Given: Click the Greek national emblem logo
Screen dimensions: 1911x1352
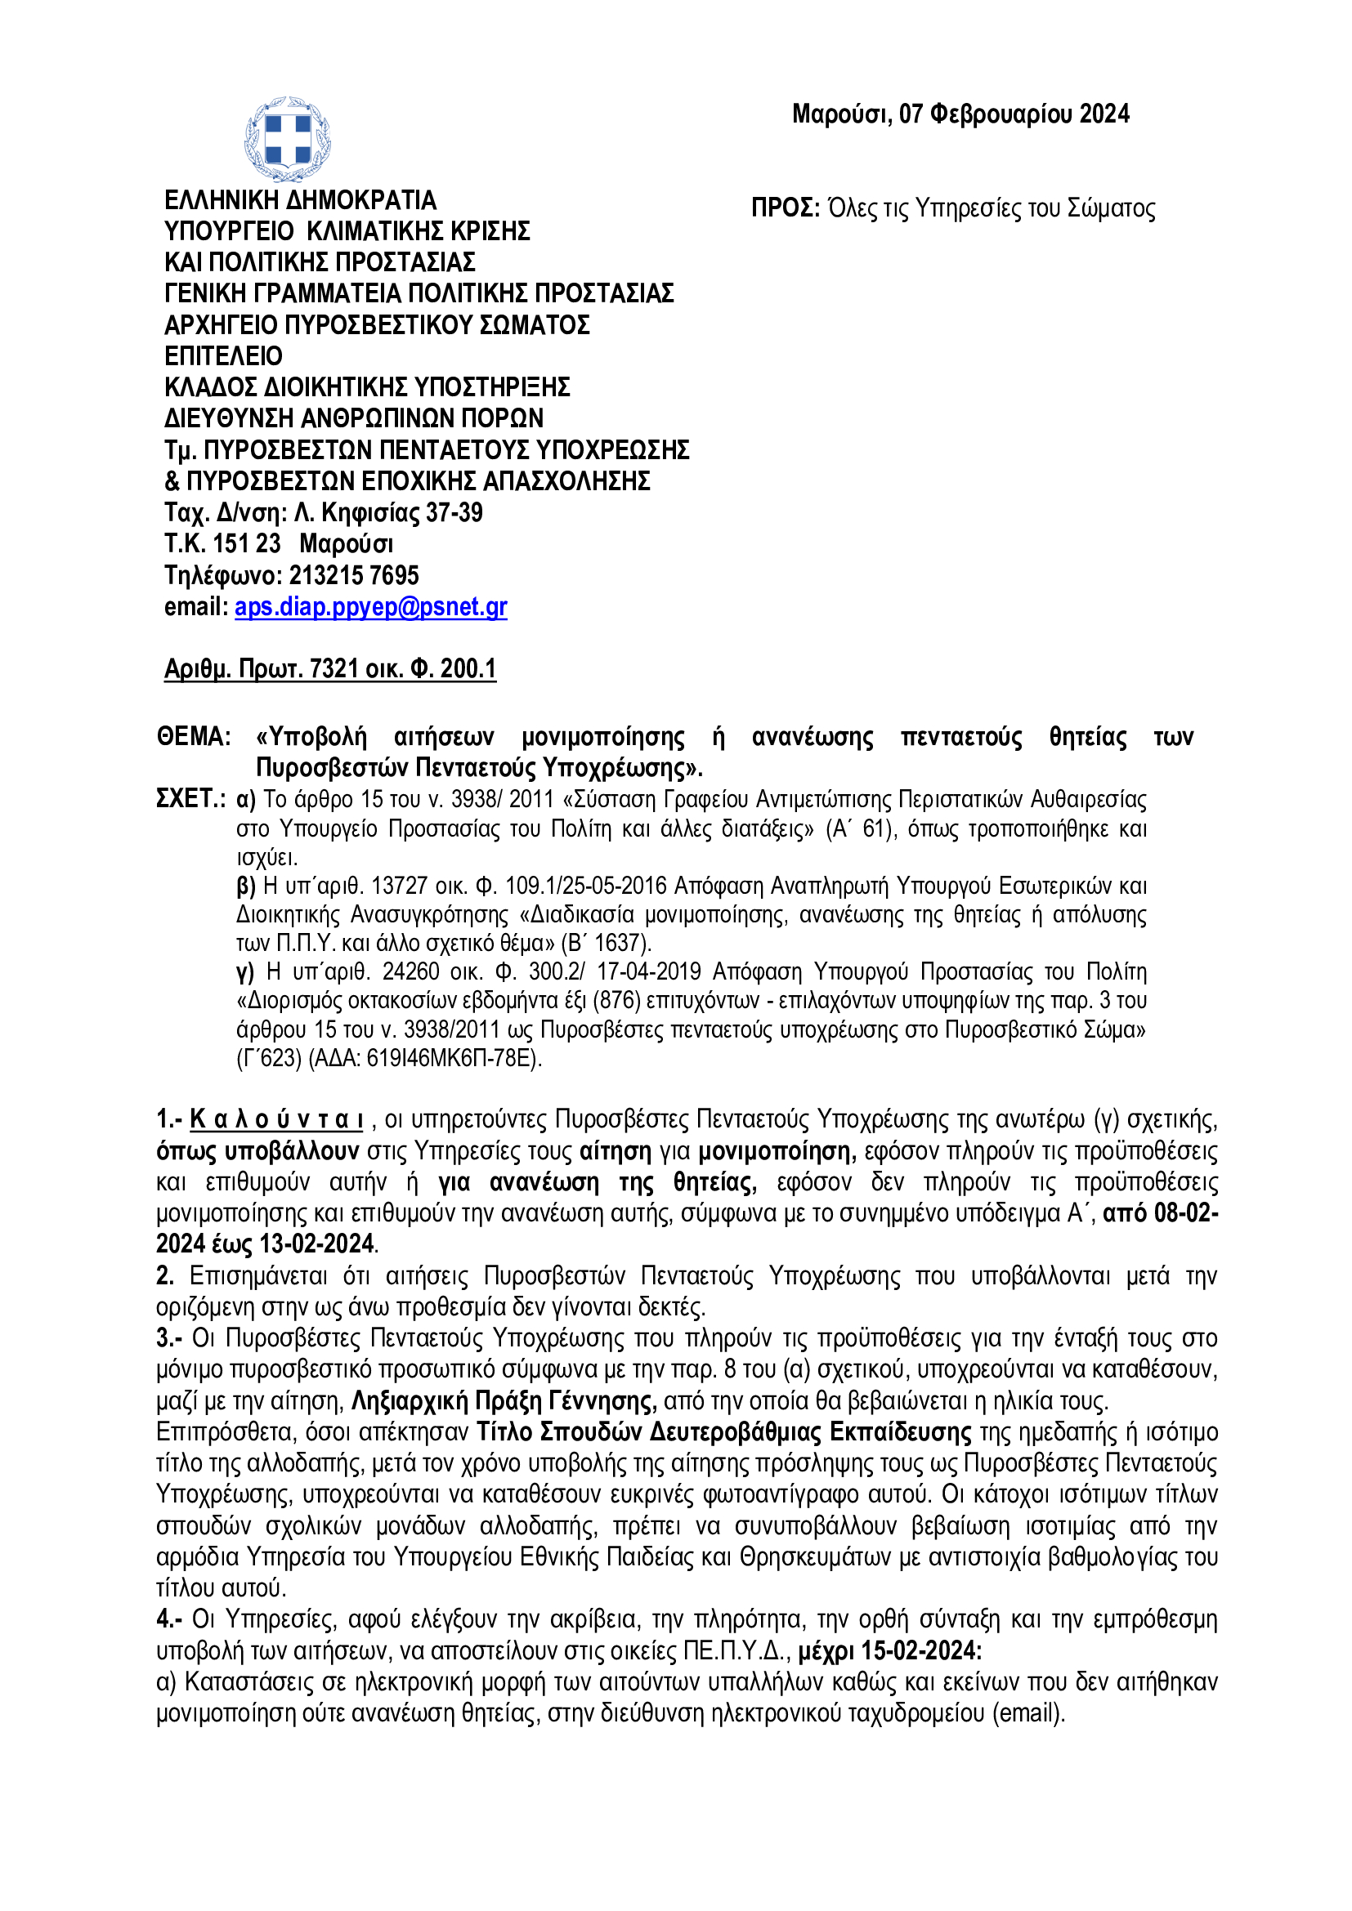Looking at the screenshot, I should (287, 139).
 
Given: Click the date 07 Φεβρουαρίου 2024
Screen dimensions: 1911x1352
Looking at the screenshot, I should (1014, 114).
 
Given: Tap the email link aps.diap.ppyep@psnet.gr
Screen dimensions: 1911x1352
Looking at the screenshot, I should (370, 607).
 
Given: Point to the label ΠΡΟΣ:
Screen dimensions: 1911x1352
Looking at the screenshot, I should (785, 208).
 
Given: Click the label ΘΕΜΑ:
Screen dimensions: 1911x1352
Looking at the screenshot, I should (193, 737).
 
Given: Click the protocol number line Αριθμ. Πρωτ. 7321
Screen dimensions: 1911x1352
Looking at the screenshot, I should (329, 668).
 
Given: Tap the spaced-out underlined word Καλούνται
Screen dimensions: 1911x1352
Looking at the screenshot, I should (276, 1120).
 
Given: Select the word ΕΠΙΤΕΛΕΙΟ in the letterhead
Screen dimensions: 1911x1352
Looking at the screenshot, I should (223, 356).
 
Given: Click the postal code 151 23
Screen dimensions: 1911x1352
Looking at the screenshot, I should (246, 543).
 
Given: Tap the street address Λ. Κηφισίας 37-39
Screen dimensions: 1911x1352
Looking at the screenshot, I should (388, 513).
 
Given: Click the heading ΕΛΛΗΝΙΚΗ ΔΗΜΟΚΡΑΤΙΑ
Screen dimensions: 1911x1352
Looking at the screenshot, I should (300, 201).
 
